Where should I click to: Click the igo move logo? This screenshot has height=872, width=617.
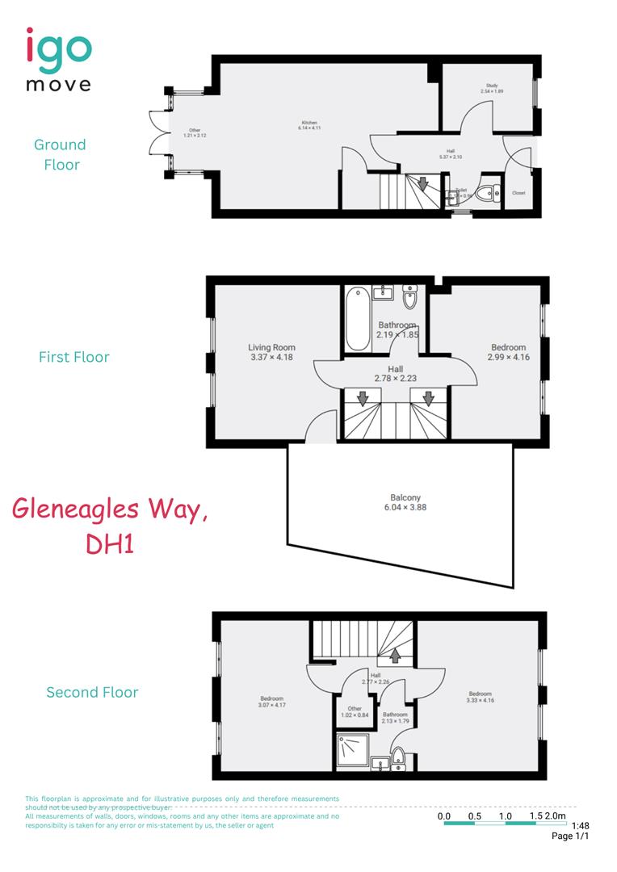(58, 59)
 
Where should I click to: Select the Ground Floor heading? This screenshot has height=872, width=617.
(60, 154)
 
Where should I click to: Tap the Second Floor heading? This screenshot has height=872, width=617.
(92, 692)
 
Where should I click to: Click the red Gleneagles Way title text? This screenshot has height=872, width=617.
(110, 526)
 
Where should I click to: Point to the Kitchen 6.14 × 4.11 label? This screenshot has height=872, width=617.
(309, 125)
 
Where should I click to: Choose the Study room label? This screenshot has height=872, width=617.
(491, 88)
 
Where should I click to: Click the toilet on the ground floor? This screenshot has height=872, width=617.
(487, 194)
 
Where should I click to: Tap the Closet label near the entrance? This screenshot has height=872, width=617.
(518, 194)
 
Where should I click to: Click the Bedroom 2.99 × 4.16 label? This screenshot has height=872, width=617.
(508, 352)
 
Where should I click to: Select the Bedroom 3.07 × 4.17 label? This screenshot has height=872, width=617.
(271, 702)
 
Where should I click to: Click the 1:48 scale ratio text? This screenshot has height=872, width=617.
(580, 826)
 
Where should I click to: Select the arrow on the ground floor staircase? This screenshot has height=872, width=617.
(422, 185)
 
